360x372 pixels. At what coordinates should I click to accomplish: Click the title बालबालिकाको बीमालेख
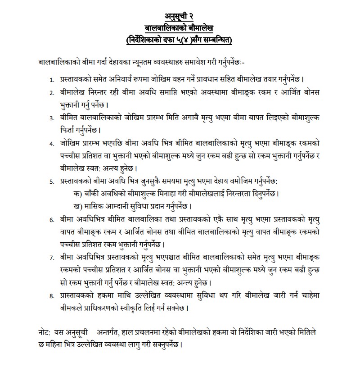click(x=180, y=29)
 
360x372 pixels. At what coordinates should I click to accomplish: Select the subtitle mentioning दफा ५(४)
click(x=180, y=41)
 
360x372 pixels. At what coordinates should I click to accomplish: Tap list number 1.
click(x=52, y=79)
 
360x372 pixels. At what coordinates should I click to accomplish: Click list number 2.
click(x=52, y=92)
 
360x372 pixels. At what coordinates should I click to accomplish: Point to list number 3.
click(x=52, y=118)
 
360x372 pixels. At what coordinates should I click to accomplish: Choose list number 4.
click(x=52, y=144)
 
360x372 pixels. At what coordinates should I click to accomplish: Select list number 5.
click(x=52, y=181)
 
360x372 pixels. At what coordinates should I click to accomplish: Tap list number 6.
click(x=52, y=219)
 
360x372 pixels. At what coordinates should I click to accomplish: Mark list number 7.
click(x=52, y=258)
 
